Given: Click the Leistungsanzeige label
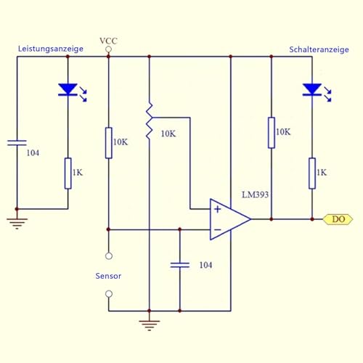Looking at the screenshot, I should (51, 49).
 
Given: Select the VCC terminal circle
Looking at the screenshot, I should (108, 50).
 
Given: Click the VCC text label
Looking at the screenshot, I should (108, 39).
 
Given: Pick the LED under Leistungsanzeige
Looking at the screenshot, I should (68, 90).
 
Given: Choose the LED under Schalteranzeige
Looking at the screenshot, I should (311, 90).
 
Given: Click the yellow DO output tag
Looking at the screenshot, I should (337, 219).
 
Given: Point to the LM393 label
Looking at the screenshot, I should (257, 194).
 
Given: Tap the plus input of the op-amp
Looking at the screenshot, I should (217, 209).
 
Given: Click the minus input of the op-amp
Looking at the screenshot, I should (217, 229).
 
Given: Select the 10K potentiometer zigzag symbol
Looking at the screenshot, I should (149, 122).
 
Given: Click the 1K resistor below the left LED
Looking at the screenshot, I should (68, 173).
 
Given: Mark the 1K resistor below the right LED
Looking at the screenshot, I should (311, 173).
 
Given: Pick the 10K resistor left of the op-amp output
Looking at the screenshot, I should (271, 132).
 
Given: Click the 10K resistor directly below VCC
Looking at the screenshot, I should (108, 142).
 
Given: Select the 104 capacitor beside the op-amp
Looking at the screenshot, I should (179, 265).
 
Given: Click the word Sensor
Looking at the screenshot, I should (108, 276).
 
